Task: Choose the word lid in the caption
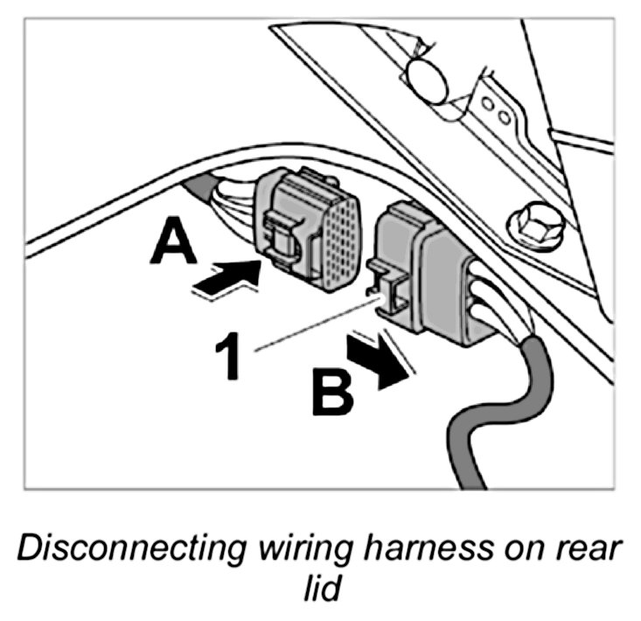tap(320, 590)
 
